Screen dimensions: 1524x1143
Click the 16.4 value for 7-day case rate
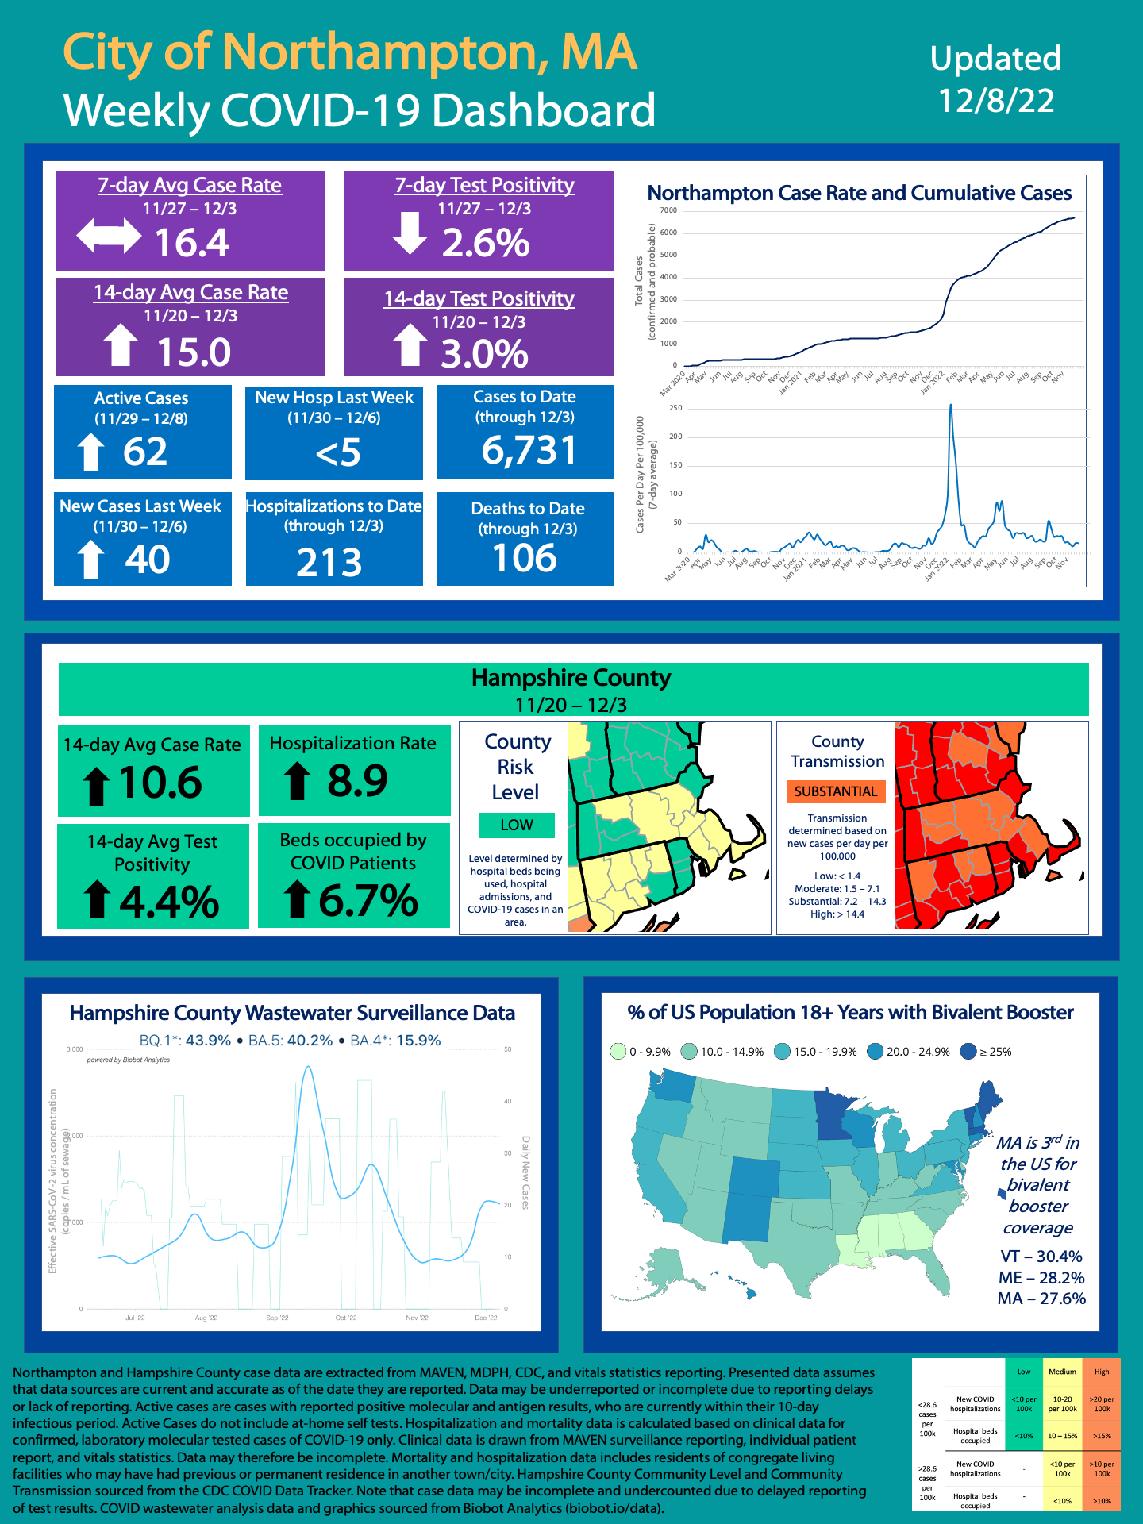pos(191,242)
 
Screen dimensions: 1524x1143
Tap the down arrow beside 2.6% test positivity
pos(410,233)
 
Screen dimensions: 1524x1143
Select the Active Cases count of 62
pos(145,452)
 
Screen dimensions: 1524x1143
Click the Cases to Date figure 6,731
pos(529,450)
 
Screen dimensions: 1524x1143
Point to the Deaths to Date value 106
pos(525,558)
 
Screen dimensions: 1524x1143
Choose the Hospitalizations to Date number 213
pos(329,563)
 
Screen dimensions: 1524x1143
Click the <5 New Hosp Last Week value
pos(338,453)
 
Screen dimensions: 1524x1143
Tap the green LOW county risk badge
pos(517,825)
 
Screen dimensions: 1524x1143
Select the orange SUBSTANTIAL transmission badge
pos(836,791)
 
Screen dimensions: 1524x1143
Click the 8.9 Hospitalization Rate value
pos(357,780)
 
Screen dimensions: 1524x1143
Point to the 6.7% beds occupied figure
pos(368,901)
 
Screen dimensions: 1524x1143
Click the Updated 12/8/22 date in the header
pos(996,79)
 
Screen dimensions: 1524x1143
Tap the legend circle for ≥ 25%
pos(968,1052)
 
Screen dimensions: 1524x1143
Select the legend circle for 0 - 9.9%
pos(618,1052)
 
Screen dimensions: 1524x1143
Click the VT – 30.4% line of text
pos(1041,1257)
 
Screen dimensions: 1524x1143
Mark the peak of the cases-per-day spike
pos(951,406)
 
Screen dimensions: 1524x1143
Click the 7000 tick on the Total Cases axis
pos(668,210)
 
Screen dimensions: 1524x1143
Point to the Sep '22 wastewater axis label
pos(277,1318)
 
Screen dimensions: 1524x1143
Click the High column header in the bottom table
pos(1102,1372)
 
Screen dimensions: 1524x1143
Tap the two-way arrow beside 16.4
pos(109,237)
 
